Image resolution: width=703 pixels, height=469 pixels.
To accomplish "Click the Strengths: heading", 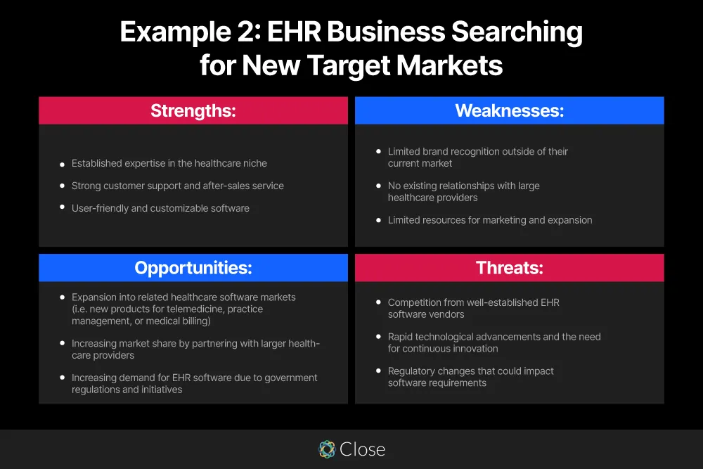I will (193, 110).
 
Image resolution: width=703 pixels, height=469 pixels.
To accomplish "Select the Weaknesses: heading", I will (509, 110).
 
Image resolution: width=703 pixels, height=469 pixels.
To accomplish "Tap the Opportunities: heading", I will (193, 268).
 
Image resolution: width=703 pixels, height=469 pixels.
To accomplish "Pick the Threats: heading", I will (509, 268).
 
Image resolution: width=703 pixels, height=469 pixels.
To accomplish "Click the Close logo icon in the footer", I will (327, 449).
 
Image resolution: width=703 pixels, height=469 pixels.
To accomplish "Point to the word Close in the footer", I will (363, 449).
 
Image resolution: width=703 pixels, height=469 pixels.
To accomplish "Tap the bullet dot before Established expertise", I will (62, 164).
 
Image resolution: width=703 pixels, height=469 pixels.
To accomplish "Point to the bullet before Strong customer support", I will (62, 186).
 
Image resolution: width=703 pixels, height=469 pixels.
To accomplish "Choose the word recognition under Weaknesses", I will (478, 151).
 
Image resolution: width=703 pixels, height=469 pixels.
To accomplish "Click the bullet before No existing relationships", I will (378, 186).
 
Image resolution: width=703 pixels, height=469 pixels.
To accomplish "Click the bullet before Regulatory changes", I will (378, 371).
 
